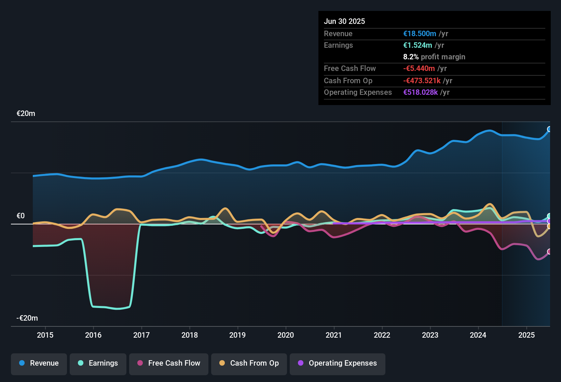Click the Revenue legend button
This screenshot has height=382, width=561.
point(39,363)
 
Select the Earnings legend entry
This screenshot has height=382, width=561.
point(98,363)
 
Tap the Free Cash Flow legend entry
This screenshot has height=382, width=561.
point(169,363)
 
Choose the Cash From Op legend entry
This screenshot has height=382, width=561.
point(249,363)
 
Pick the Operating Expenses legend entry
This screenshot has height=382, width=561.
point(338,363)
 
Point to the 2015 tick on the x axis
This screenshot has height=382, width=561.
point(45,335)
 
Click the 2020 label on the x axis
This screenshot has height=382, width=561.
point(286,335)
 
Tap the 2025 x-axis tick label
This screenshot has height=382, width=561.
point(526,335)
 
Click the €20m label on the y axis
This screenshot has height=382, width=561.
point(26,114)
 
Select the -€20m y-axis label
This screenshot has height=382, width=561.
point(27,318)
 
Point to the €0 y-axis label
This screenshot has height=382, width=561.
point(20,216)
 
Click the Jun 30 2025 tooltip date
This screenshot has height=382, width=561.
point(344,21)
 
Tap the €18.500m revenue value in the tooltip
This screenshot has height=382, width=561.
point(420,34)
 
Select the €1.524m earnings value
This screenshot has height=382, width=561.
point(418,45)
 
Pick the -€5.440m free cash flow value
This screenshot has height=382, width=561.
point(419,69)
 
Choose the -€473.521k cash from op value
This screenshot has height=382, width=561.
point(422,81)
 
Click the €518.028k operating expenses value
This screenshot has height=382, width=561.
point(420,92)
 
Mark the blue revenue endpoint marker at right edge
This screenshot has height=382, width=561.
point(549,129)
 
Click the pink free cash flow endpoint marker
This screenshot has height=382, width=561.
point(549,252)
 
